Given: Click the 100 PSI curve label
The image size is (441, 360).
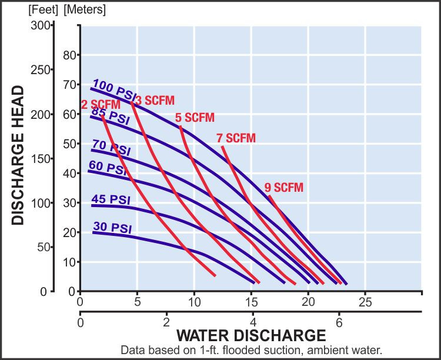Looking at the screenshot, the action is coord(115,89).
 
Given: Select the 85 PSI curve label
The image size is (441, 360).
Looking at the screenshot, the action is coord(111,115).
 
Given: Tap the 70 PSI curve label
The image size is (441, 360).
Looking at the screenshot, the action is coord(111,148).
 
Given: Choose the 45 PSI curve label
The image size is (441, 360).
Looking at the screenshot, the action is coord(111,199).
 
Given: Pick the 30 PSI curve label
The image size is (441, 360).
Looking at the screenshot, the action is coord(112,228).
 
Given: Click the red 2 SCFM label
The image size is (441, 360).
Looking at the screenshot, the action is coord(101,105).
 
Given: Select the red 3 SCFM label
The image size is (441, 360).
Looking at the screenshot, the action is coord(155,100).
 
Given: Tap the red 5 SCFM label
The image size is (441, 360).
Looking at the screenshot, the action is coord(195,118).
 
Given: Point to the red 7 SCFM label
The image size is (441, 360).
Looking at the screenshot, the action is coord(236,138).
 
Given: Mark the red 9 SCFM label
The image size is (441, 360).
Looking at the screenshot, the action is coord(284,188).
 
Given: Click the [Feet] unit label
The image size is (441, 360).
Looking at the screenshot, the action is coord(44,10).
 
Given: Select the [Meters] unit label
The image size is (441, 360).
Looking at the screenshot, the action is coord(85,10).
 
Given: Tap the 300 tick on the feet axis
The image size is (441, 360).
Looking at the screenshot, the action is coord(40,26).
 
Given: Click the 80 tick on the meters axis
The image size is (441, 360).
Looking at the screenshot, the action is coord(69,55).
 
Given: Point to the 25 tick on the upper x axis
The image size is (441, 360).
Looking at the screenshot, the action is coord(365,302).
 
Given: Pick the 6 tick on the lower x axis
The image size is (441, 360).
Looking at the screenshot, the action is coord(339,322).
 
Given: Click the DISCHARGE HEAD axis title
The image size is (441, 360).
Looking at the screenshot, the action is coord(18,155).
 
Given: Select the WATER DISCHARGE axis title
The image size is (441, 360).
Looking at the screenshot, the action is coord(251,335).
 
